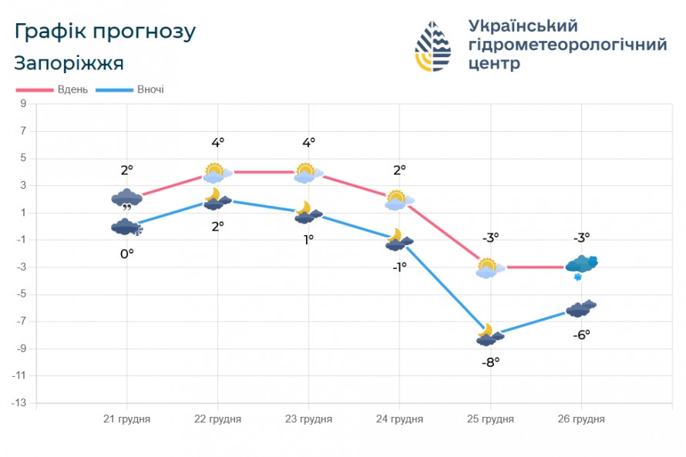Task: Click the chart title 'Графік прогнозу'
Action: click(x=105, y=32)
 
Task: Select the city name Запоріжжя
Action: click(x=69, y=62)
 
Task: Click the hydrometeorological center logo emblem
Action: click(x=433, y=46)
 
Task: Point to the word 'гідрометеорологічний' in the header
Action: click(x=567, y=45)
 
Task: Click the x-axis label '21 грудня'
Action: click(x=127, y=419)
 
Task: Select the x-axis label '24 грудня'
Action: click(x=399, y=419)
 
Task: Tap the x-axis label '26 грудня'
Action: click(x=581, y=419)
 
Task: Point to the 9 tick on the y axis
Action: click(x=23, y=103)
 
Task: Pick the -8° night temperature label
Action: click(x=490, y=361)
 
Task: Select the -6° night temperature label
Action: click(x=581, y=334)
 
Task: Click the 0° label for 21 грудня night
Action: click(x=126, y=252)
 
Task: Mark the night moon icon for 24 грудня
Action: click(x=398, y=240)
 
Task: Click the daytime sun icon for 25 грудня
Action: click(x=489, y=267)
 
